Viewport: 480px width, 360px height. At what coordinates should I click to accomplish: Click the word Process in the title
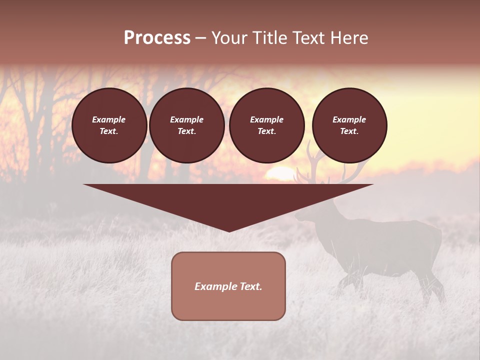pyautogui.click(x=157, y=38)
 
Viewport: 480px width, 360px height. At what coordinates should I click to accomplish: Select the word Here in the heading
pyautogui.click(x=349, y=38)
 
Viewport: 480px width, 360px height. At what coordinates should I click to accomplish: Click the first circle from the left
pyautogui.click(x=109, y=125)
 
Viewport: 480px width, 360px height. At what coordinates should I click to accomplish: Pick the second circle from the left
pyautogui.click(x=186, y=125)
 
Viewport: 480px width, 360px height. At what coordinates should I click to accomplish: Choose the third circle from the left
pyautogui.click(x=266, y=125)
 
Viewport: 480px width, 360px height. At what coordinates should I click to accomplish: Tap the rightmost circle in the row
pyautogui.click(x=349, y=125)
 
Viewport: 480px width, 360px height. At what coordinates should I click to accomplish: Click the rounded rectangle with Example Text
pyautogui.click(x=228, y=286)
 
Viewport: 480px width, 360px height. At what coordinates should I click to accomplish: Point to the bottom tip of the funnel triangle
pyautogui.click(x=229, y=231)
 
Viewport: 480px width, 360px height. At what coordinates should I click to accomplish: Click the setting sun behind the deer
pyautogui.click(x=282, y=175)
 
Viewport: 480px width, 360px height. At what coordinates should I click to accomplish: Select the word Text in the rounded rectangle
pyautogui.click(x=250, y=286)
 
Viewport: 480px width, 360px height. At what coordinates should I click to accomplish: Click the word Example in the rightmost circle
pyautogui.click(x=349, y=119)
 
